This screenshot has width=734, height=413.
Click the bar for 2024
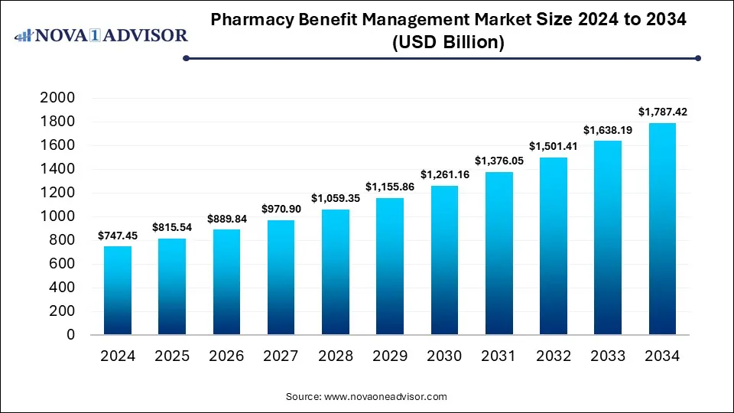[x=117, y=291]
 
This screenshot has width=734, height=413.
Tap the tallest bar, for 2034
[x=662, y=229]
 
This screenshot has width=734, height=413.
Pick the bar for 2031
[x=499, y=253]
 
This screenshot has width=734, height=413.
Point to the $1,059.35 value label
[x=335, y=200]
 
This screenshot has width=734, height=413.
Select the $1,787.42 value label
[x=662, y=112]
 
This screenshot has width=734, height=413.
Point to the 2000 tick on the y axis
[x=58, y=98]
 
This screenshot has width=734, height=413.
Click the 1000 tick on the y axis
[x=58, y=216]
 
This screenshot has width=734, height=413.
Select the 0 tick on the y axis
[x=70, y=335]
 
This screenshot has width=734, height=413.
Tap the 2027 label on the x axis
[x=281, y=356]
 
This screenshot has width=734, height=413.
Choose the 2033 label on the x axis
[x=608, y=356]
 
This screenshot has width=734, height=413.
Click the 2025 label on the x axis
[x=172, y=356]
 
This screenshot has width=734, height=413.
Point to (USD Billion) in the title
[x=448, y=43]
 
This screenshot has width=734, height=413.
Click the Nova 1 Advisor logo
[x=102, y=35]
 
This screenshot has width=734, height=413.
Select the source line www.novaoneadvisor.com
[x=367, y=397]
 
